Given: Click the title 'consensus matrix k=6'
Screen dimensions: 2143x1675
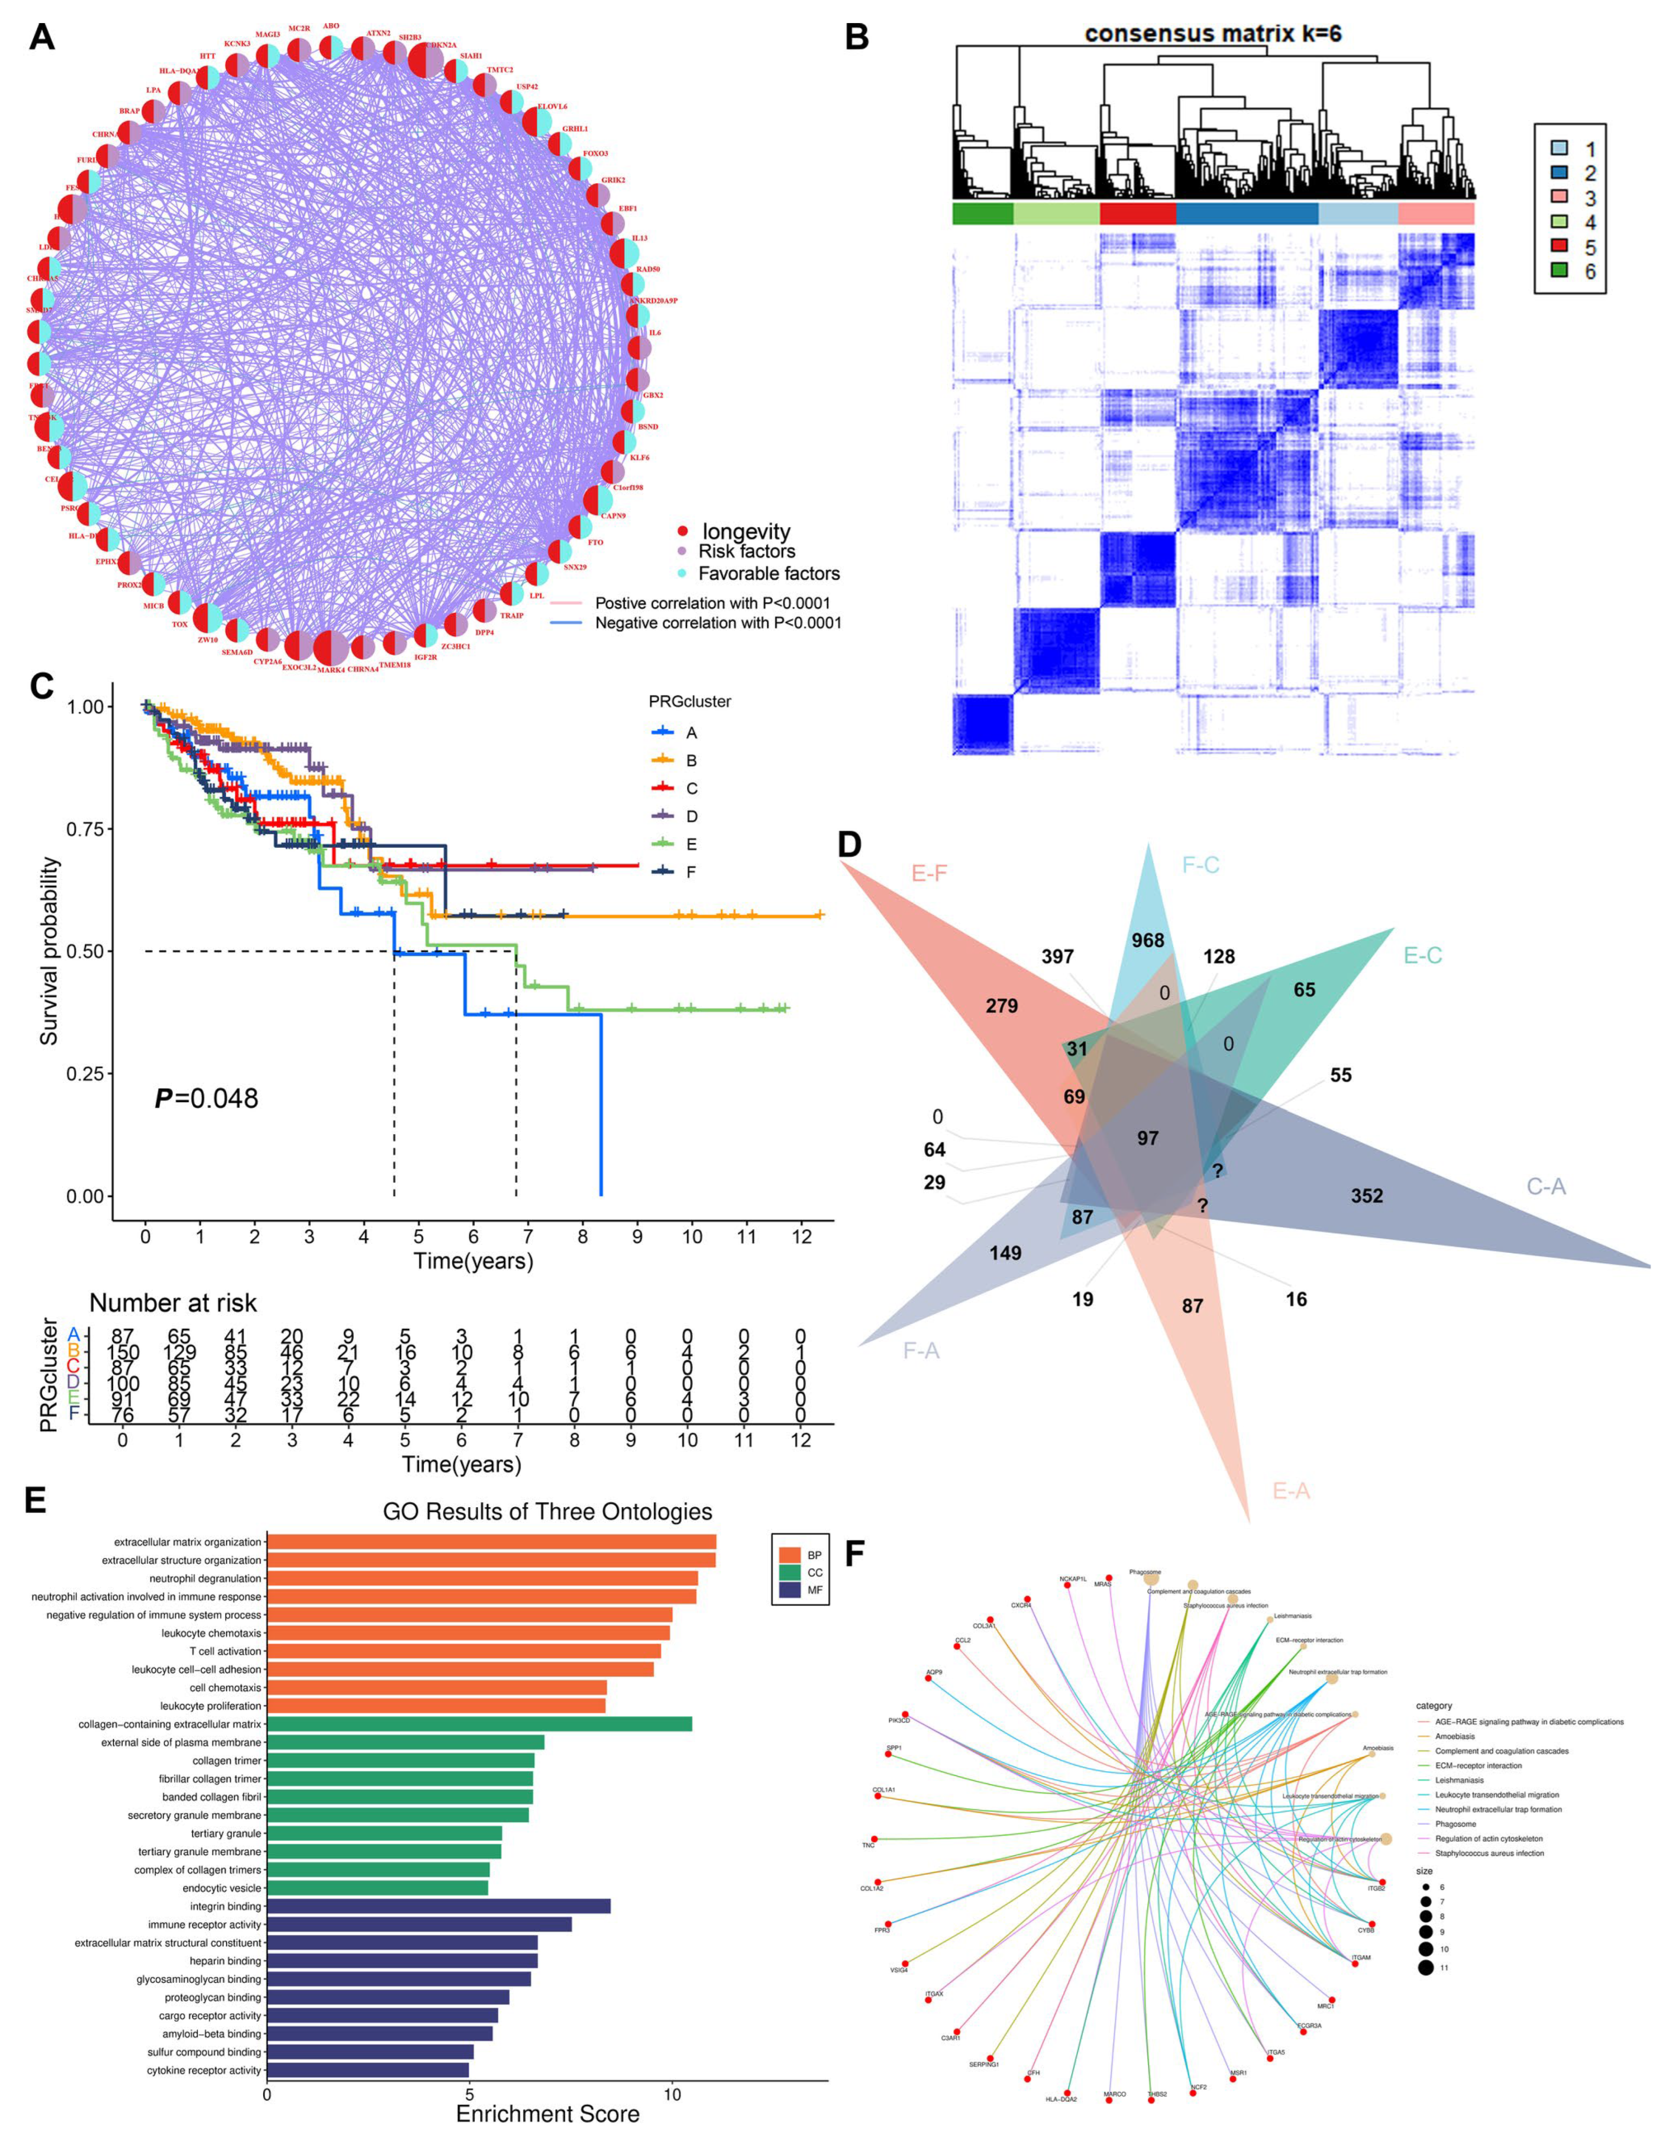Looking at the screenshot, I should pos(1213,35).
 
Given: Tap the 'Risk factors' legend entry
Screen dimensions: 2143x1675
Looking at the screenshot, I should pos(746,552).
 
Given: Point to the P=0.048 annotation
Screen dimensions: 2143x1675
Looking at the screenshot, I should pos(207,1098).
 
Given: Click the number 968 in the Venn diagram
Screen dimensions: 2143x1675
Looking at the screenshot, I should pos(1148,940).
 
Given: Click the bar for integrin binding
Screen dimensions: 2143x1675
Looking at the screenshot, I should pos(439,1906).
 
